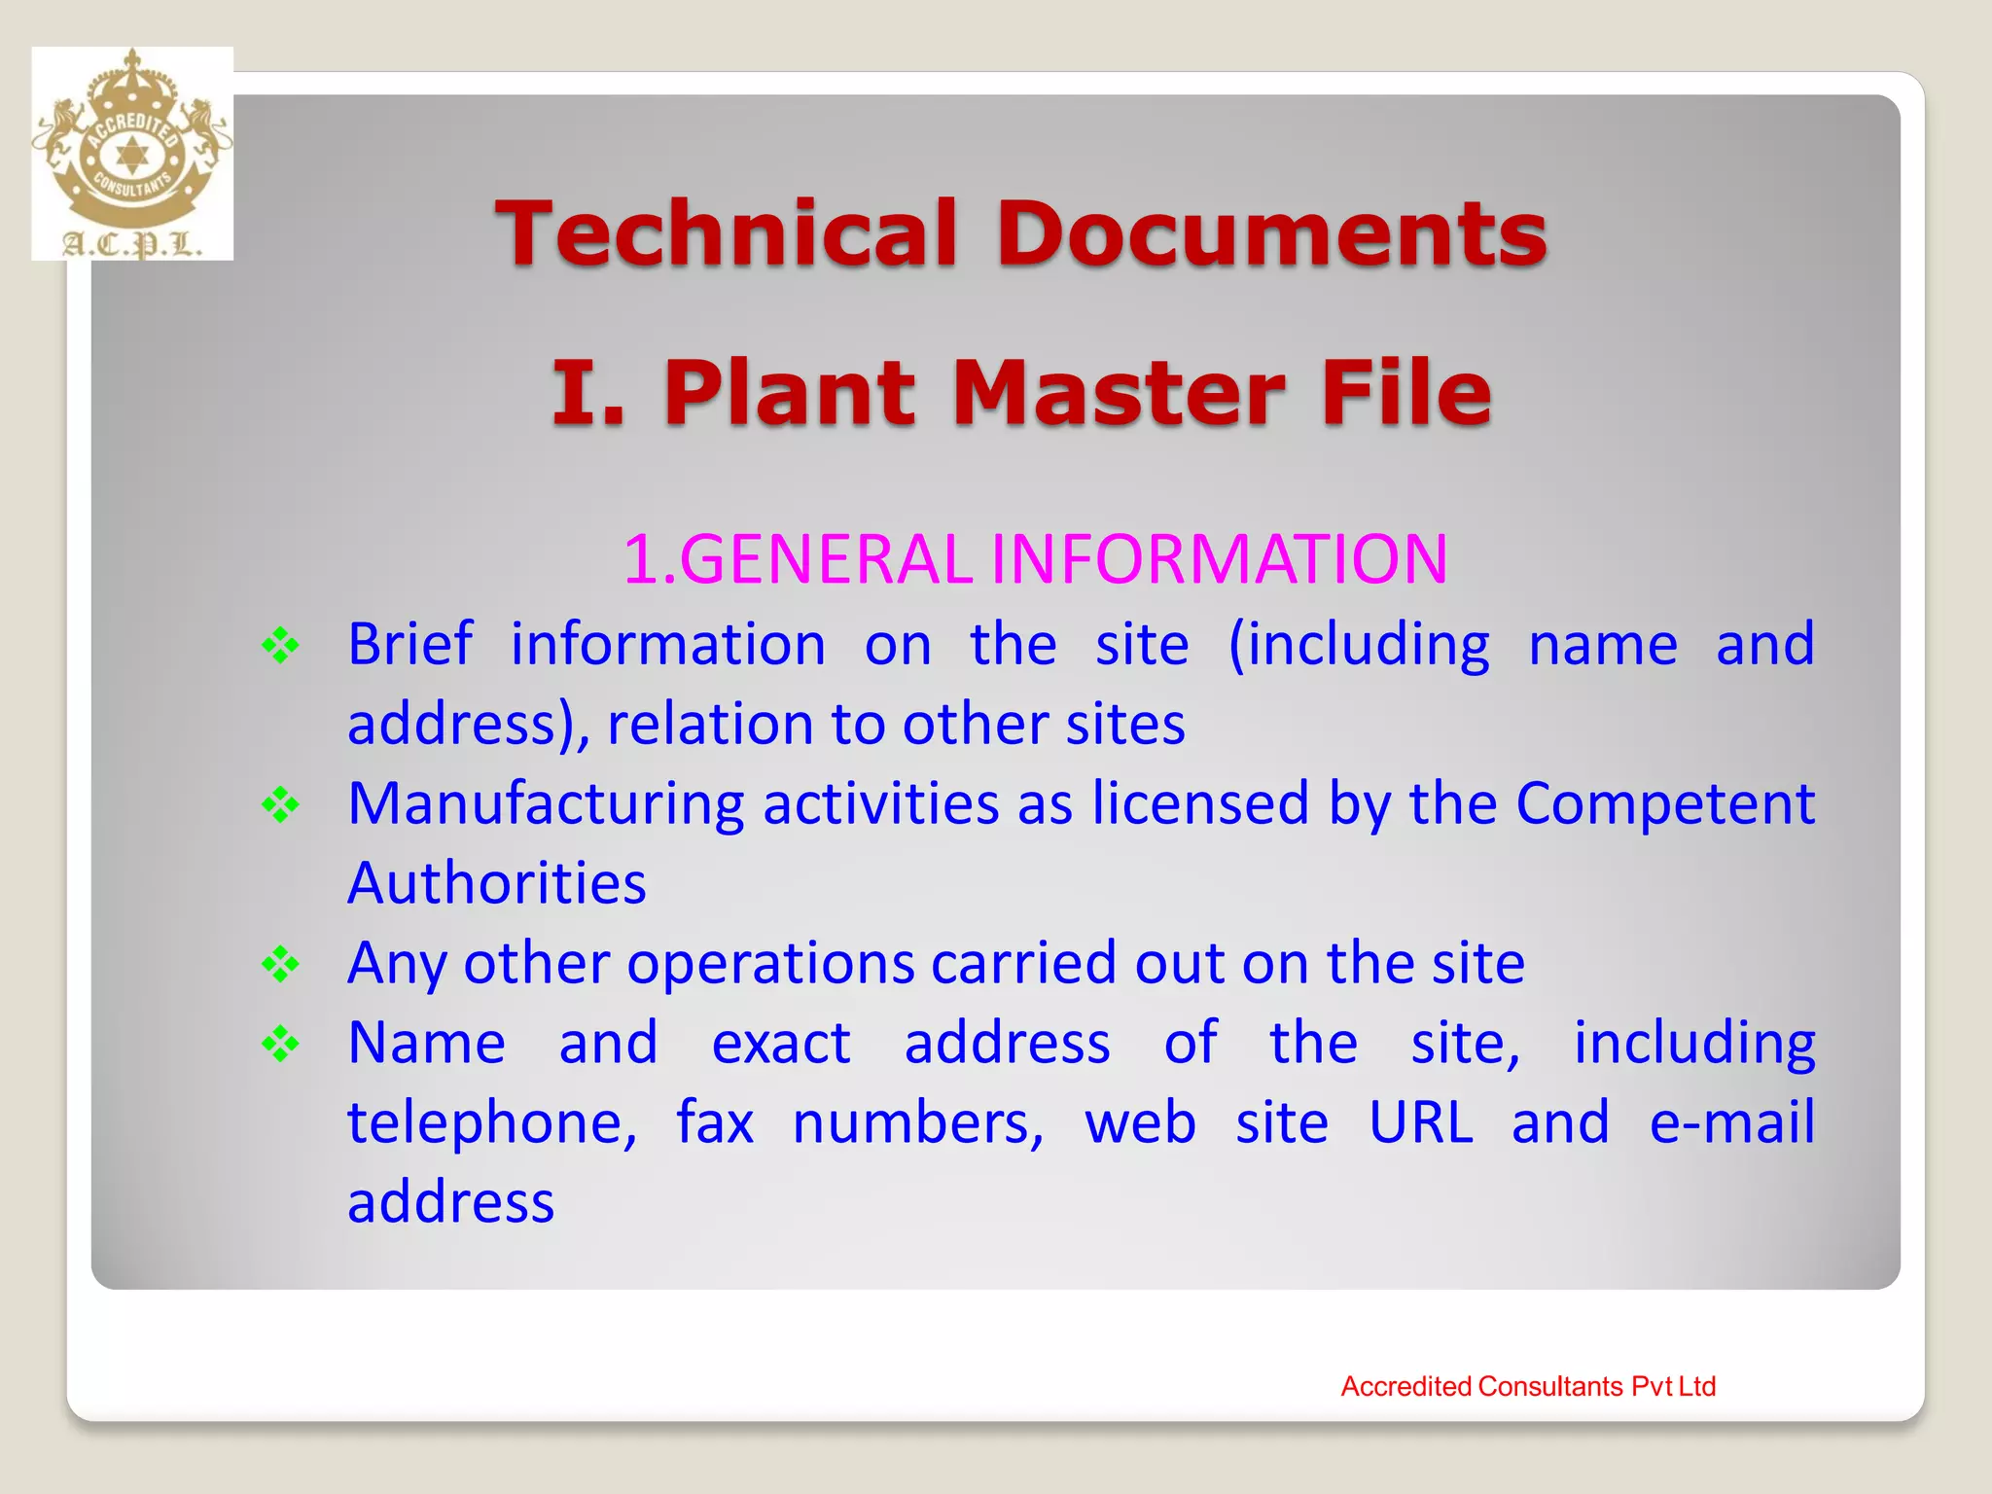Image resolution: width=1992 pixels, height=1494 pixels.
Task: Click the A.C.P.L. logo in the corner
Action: coord(132,154)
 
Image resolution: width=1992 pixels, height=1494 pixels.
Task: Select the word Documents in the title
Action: coord(1271,233)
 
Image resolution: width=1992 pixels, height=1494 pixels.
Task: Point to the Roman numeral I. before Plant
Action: coord(587,393)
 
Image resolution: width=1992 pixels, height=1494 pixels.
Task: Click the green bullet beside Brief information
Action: coord(280,646)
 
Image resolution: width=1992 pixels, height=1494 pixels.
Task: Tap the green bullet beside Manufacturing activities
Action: coord(280,805)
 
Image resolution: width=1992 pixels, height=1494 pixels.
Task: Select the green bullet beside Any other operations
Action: coord(280,965)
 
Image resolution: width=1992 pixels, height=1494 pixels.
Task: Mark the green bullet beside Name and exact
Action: coord(280,1045)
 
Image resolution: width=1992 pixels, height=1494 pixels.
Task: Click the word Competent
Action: coord(1665,804)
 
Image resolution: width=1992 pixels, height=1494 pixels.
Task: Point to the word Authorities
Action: coord(497,884)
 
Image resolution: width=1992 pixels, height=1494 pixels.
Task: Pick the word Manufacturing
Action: coord(546,804)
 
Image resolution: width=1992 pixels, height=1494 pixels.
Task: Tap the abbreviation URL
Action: coord(1421,1123)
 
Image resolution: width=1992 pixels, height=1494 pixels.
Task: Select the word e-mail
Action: coord(1732,1123)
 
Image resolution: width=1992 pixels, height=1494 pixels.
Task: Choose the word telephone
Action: coord(492,1123)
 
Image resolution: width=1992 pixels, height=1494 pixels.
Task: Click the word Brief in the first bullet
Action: coord(410,645)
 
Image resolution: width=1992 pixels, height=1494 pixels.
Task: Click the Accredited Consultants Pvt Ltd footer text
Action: coord(1528,1386)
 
